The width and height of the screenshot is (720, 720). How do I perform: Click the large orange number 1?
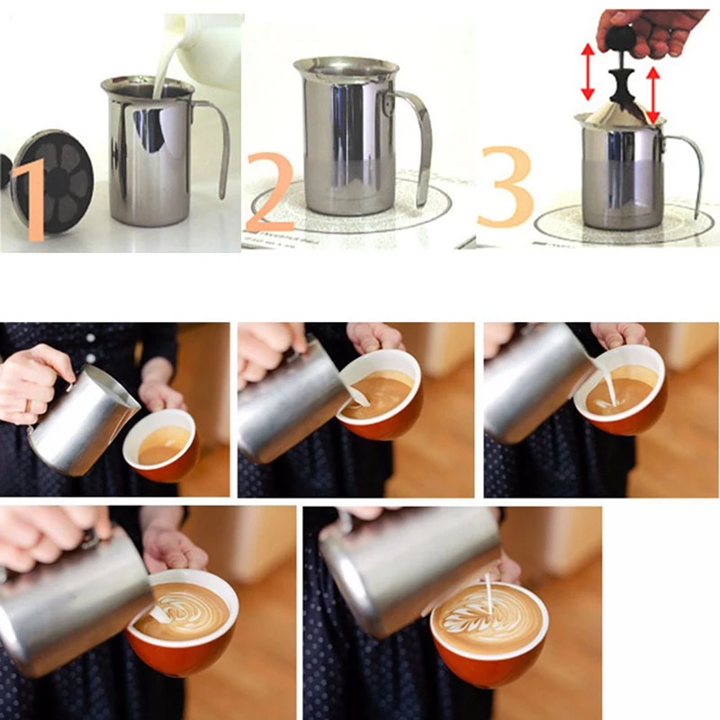tap(31, 198)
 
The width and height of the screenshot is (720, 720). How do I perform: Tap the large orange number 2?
tap(271, 192)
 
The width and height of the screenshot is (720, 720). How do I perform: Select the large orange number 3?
tap(504, 186)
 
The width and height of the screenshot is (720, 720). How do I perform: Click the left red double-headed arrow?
tap(588, 72)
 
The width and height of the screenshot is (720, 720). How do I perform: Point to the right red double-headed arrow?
tap(653, 95)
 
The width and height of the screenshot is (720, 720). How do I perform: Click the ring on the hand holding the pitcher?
tap(29, 406)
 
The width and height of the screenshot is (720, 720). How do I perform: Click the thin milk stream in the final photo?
tap(490, 595)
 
